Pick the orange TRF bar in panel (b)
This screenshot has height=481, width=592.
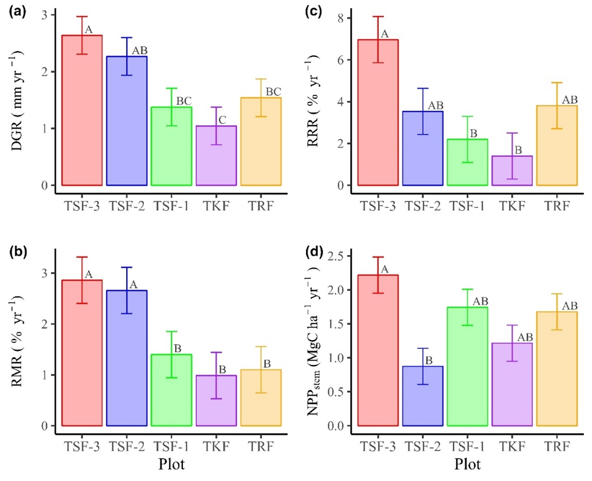click(261, 397)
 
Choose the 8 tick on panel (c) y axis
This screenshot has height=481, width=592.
click(340, 18)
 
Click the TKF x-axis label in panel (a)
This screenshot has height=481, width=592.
click(216, 200)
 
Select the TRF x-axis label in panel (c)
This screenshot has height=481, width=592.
click(556, 200)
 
